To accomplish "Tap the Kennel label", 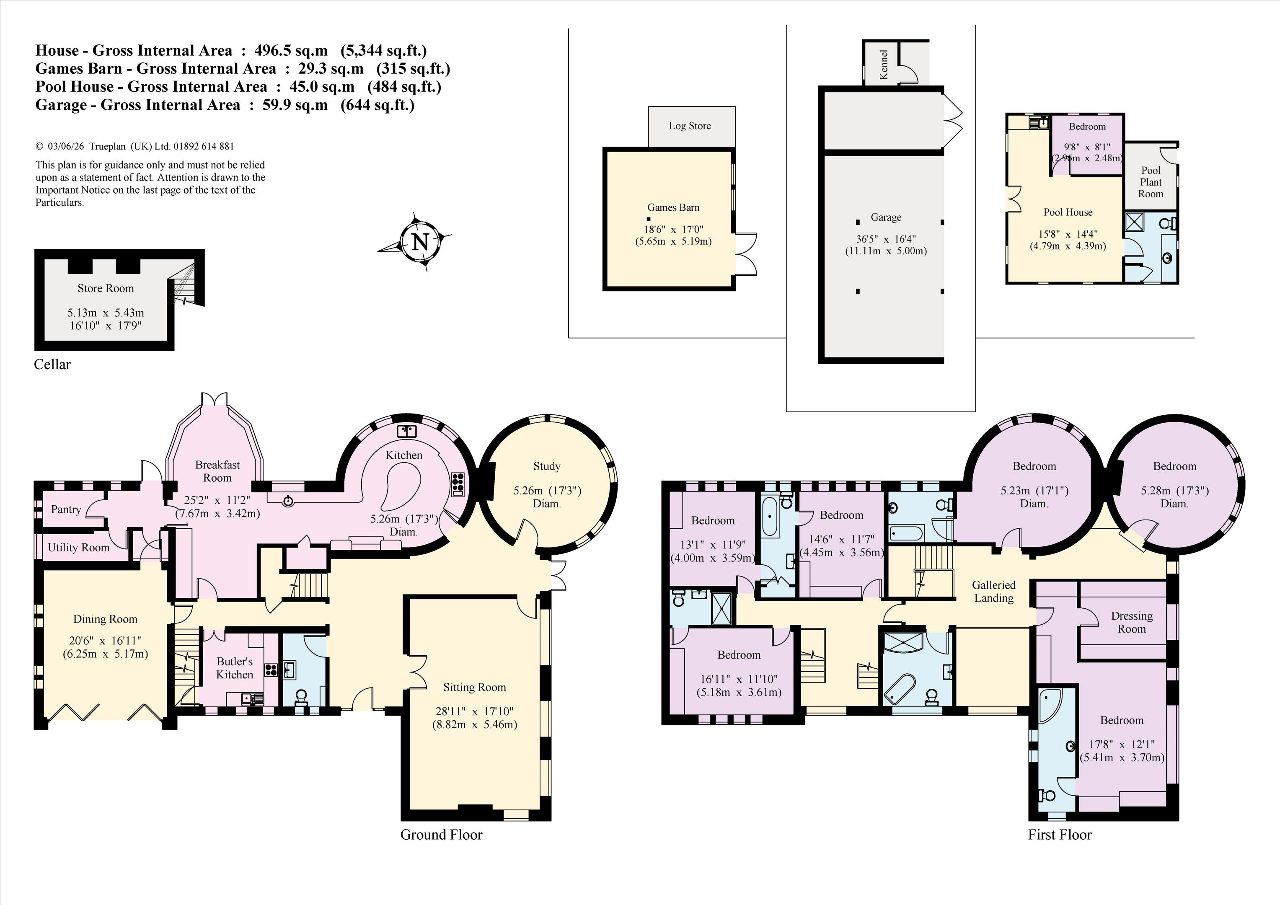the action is [x=883, y=65].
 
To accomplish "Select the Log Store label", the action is [x=690, y=126].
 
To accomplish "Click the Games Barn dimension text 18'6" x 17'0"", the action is [x=673, y=230].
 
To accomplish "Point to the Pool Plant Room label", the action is [x=1151, y=182].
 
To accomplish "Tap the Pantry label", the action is [x=66, y=509].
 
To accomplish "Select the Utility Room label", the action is [x=79, y=548].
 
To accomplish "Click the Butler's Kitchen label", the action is [x=235, y=668].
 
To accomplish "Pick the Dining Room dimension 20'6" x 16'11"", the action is [x=105, y=641].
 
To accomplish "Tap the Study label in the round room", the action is [x=546, y=466].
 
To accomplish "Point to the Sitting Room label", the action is [x=474, y=688].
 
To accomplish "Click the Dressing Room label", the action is [x=1132, y=622].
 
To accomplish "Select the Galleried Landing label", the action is [x=993, y=592].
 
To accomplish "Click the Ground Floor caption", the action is [x=442, y=835].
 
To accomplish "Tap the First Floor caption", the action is [x=1060, y=835].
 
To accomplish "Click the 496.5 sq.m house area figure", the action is [x=291, y=51].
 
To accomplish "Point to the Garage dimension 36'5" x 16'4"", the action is [x=886, y=239].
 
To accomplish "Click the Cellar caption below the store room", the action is [x=52, y=365].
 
